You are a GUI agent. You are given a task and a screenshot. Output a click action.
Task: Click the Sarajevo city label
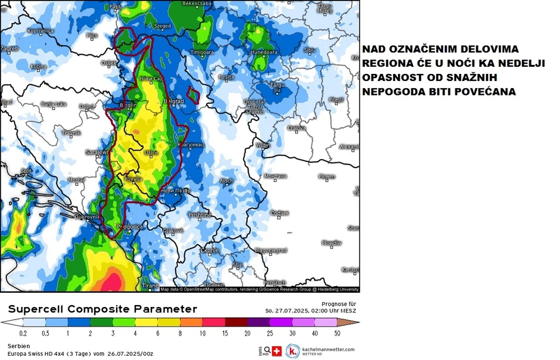pyautogui.click(x=96, y=152)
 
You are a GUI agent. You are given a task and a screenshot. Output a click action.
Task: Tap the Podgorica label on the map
pyautogui.click(x=129, y=226)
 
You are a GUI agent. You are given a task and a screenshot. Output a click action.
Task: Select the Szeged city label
pyautogui.click(x=162, y=26)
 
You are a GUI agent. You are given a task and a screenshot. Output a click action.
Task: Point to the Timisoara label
pyautogui.click(x=201, y=52)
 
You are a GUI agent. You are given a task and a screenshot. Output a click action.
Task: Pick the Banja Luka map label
pyautogui.click(x=53, y=104)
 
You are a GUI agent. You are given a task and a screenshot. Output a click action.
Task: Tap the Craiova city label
pyautogui.click(x=297, y=128)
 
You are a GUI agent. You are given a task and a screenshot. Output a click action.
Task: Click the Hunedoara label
pyautogui.click(x=265, y=52)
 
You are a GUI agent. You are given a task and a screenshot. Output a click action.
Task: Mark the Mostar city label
pyautogui.click(x=77, y=179)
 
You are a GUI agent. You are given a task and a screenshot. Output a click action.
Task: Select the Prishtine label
pyautogui.click(x=200, y=215)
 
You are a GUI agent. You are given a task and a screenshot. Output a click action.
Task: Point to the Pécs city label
pyautogui.click(x=92, y=36)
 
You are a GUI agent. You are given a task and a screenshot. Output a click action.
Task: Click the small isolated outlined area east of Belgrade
pyautogui.click(x=192, y=94)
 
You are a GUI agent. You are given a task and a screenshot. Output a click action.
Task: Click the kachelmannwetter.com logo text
pyautogui.click(x=329, y=350)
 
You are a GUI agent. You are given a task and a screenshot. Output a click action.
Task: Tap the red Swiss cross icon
pyautogui.click(x=276, y=351)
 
